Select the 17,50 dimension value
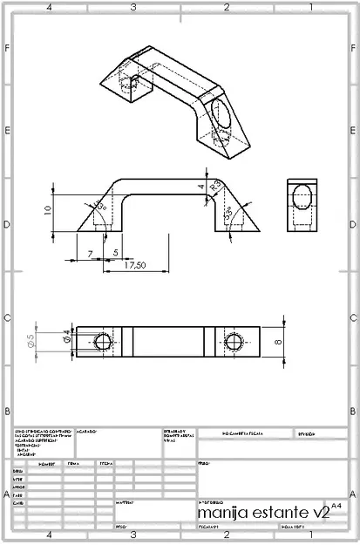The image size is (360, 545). coord(133,265)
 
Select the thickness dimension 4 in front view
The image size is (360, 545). coord(200,186)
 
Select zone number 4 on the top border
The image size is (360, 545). coord(49,7)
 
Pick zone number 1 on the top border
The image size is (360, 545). coord(309,7)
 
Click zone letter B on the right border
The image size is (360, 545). coord(352,411)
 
